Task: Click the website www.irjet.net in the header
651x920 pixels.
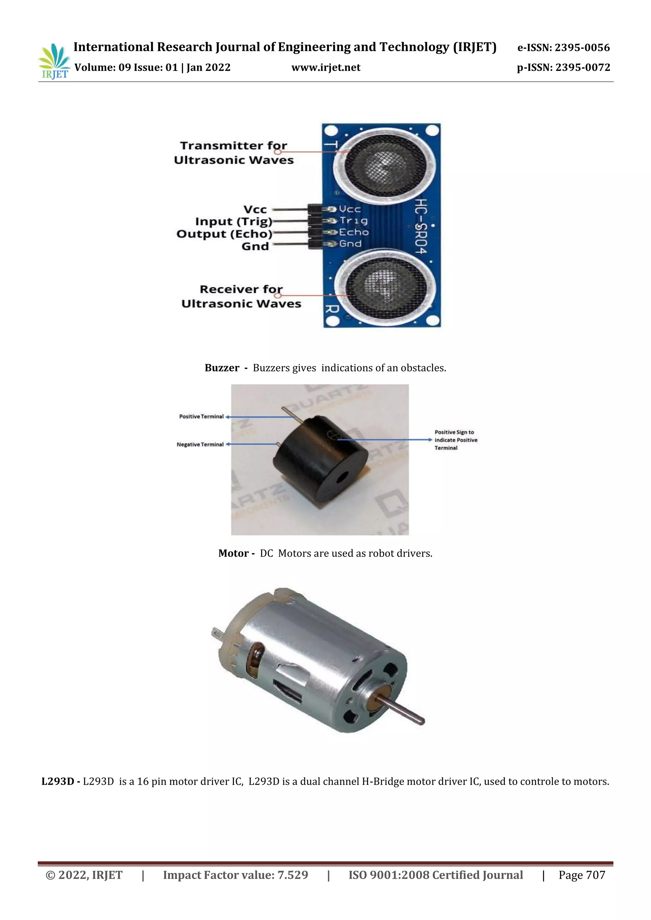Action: [325, 68]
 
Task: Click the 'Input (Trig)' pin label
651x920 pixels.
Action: [234, 222]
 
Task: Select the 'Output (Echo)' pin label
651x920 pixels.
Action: [224, 234]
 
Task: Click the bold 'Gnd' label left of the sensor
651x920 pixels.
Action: [255, 247]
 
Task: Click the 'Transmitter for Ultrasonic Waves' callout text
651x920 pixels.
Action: [234, 153]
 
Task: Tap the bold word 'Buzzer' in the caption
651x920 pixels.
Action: [222, 368]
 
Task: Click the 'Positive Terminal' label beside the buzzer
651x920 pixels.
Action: [201, 417]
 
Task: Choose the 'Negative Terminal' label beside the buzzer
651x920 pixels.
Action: [200, 444]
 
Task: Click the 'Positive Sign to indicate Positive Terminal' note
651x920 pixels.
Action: [456, 440]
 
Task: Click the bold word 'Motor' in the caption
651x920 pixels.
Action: [233, 553]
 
